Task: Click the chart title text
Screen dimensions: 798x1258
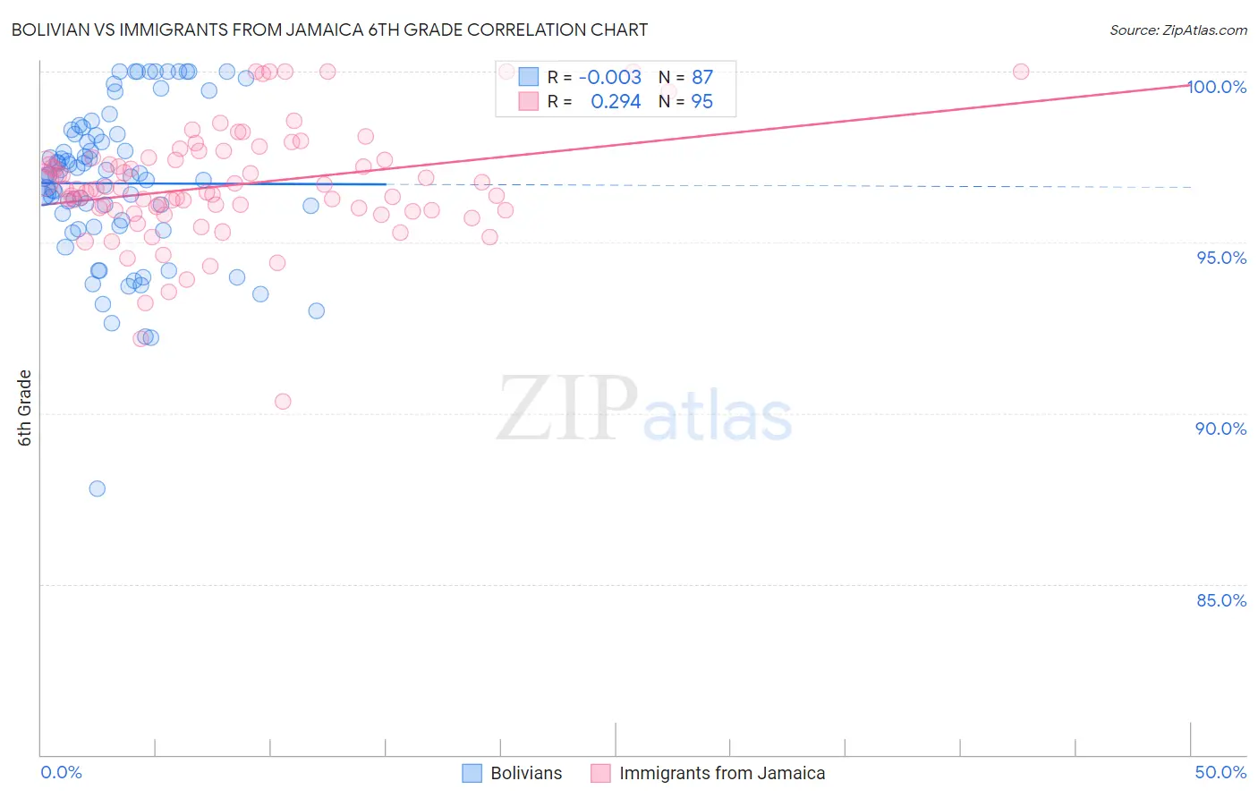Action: click(329, 30)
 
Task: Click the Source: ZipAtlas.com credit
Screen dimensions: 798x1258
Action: click(1177, 30)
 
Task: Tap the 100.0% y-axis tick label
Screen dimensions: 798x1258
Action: click(1217, 87)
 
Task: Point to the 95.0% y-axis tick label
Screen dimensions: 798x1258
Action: click(1221, 258)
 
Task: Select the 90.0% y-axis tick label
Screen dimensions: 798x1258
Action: click(1221, 429)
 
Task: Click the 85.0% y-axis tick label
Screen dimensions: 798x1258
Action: click(1221, 600)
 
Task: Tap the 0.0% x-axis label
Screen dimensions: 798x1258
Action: click(61, 772)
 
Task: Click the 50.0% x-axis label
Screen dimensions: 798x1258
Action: click(1220, 772)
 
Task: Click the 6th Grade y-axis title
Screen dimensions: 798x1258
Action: click(25, 408)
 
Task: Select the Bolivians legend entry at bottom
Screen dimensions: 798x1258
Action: click(526, 773)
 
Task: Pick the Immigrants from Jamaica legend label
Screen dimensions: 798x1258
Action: click(722, 773)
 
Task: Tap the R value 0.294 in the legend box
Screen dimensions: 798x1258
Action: click(616, 102)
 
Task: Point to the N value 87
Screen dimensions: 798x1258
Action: click(702, 78)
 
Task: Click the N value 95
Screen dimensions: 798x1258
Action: click(702, 102)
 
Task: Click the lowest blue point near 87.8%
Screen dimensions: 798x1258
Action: click(98, 488)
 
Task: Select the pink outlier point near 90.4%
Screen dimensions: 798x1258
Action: click(283, 402)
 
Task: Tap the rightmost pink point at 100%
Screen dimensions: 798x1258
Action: click(1021, 72)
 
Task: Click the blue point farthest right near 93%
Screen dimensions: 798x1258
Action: click(317, 311)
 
